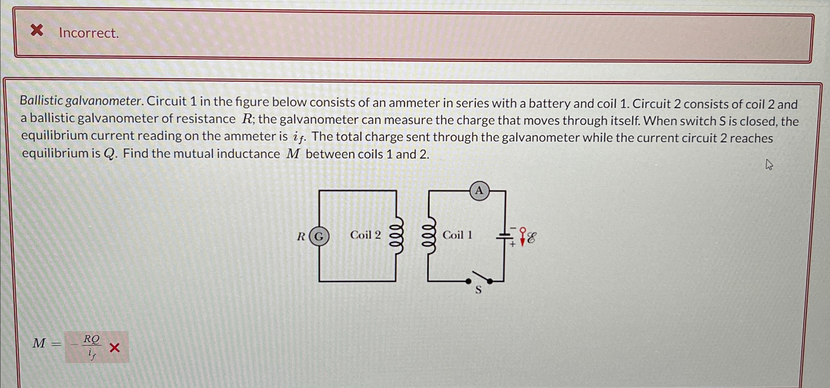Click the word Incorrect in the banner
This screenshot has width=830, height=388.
pyautogui.click(x=89, y=33)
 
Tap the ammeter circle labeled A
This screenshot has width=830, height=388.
pyautogui.click(x=479, y=190)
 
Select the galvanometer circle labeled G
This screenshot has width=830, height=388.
pyautogui.click(x=319, y=236)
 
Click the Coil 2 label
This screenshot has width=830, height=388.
pyautogui.click(x=365, y=235)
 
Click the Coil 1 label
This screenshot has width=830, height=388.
pyautogui.click(x=457, y=235)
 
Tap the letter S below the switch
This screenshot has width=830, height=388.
pyautogui.click(x=479, y=289)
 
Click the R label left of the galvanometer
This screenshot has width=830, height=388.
pyautogui.click(x=301, y=237)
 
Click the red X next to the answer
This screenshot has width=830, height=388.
pyautogui.click(x=115, y=348)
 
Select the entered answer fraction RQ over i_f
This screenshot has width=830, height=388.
pyautogui.click(x=91, y=347)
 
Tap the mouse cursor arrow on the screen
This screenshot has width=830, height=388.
pyautogui.click(x=769, y=165)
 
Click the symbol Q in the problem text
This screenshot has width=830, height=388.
pyautogui.click(x=110, y=154)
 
